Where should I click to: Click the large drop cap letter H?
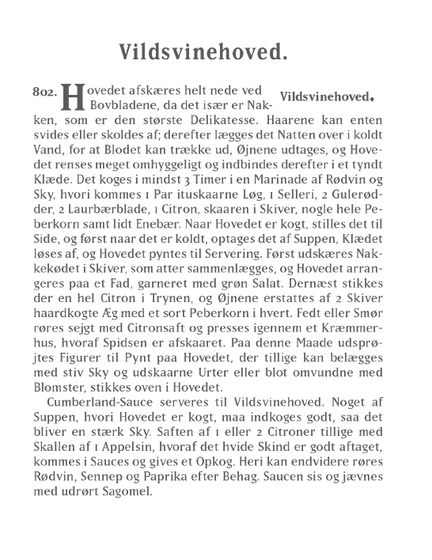coord(72,98)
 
